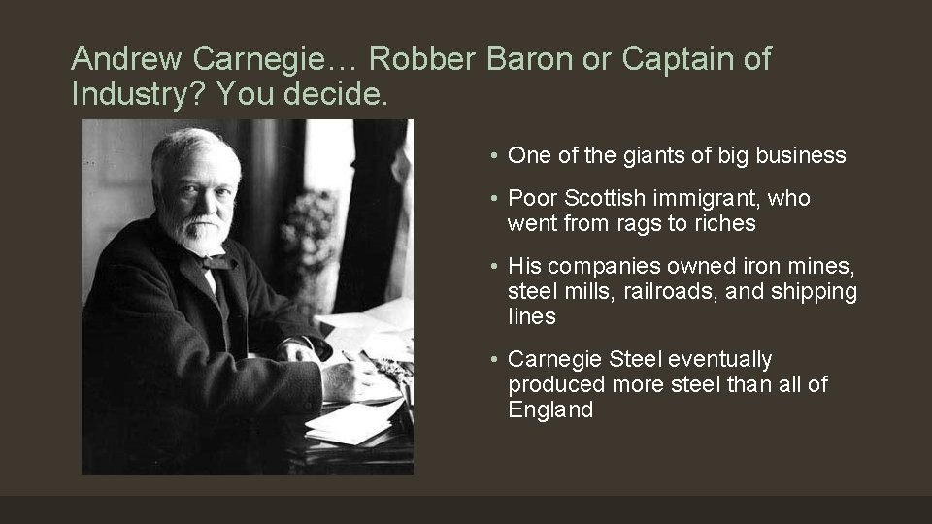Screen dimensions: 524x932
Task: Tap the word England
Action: tap(550, 409)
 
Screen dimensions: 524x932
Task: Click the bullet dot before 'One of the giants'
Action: tap(495, 156)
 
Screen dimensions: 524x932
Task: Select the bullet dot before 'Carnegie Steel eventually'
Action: tap(495, 360)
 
